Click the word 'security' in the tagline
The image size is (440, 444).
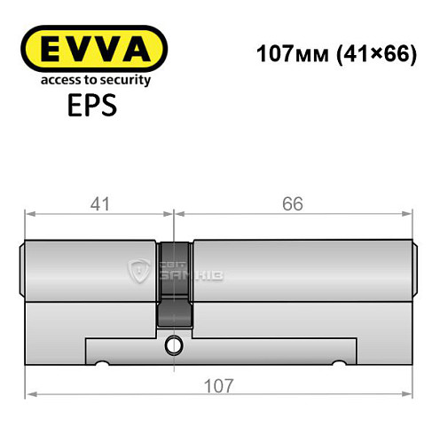click(122, 80)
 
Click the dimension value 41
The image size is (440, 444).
click(99, 204)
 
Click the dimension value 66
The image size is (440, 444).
click(294, 204)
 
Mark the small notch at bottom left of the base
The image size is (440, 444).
click(104, 364)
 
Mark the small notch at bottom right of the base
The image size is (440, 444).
click(338, 364)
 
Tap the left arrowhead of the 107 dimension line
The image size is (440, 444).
click(29, 394)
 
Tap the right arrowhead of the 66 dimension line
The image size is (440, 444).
click(412, 213)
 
